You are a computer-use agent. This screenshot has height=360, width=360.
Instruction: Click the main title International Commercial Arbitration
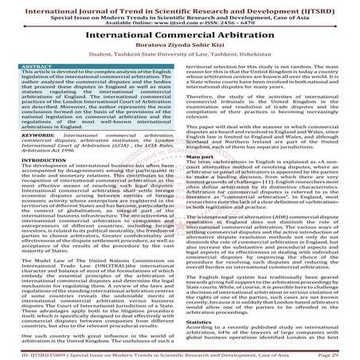tap(179, 37)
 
